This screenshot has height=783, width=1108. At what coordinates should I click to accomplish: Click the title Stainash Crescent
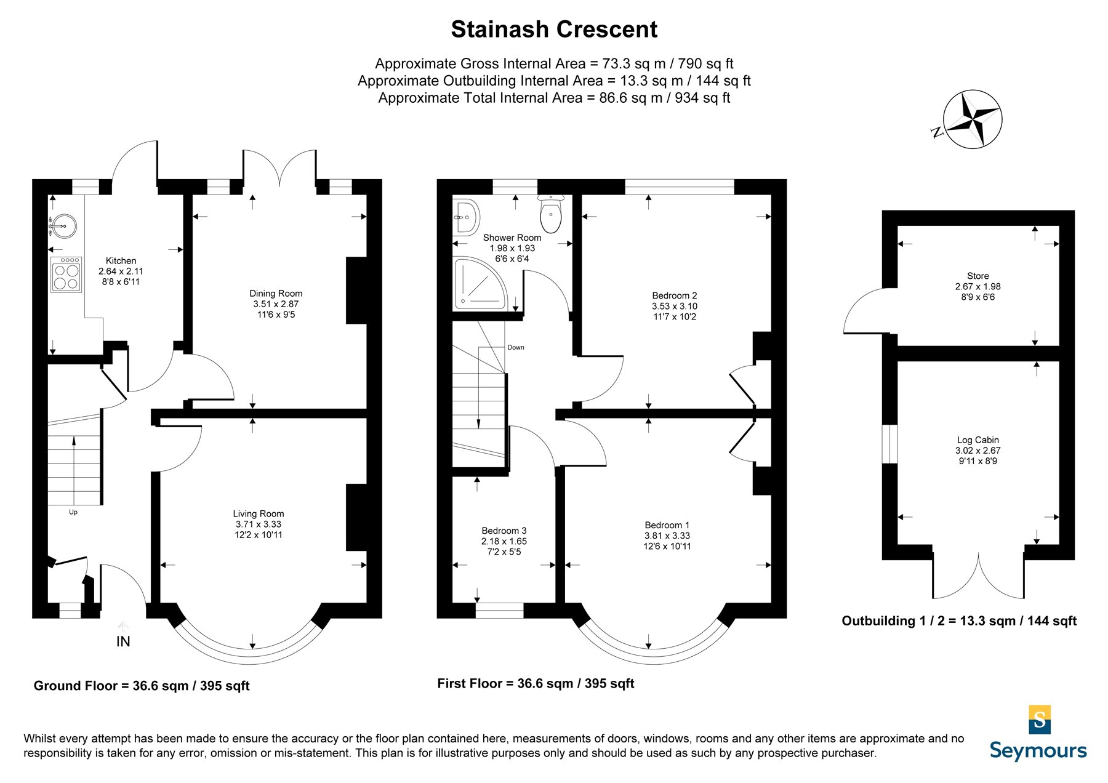point(554,30)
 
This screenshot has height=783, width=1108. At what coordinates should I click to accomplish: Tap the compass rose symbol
point(973,119)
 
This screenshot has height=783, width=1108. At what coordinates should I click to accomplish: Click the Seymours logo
point(1038,733)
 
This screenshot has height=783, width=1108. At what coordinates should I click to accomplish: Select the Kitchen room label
point(121,261)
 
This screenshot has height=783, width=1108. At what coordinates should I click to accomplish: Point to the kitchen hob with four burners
point(66,275)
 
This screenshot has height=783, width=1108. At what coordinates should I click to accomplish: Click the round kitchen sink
point(63,225)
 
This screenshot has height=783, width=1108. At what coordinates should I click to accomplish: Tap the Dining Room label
point(276,294)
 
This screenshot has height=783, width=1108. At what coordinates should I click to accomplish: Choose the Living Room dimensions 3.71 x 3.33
point(259,524)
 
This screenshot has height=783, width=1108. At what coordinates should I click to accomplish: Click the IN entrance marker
point(123,641)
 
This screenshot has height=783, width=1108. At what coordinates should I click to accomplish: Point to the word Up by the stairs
point(73,512)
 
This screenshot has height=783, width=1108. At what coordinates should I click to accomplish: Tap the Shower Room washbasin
point(468,217)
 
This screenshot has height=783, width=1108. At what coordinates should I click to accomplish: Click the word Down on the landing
point(516,348)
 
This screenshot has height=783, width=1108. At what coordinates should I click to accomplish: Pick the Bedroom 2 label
point(675,296)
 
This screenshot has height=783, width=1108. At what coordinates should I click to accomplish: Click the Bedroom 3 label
point(504,531)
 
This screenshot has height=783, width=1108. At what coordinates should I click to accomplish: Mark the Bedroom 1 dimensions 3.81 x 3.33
point(667,536)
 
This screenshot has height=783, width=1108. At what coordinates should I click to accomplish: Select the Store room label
point(978,276)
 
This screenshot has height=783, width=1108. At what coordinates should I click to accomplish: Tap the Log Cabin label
point(978,440)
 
